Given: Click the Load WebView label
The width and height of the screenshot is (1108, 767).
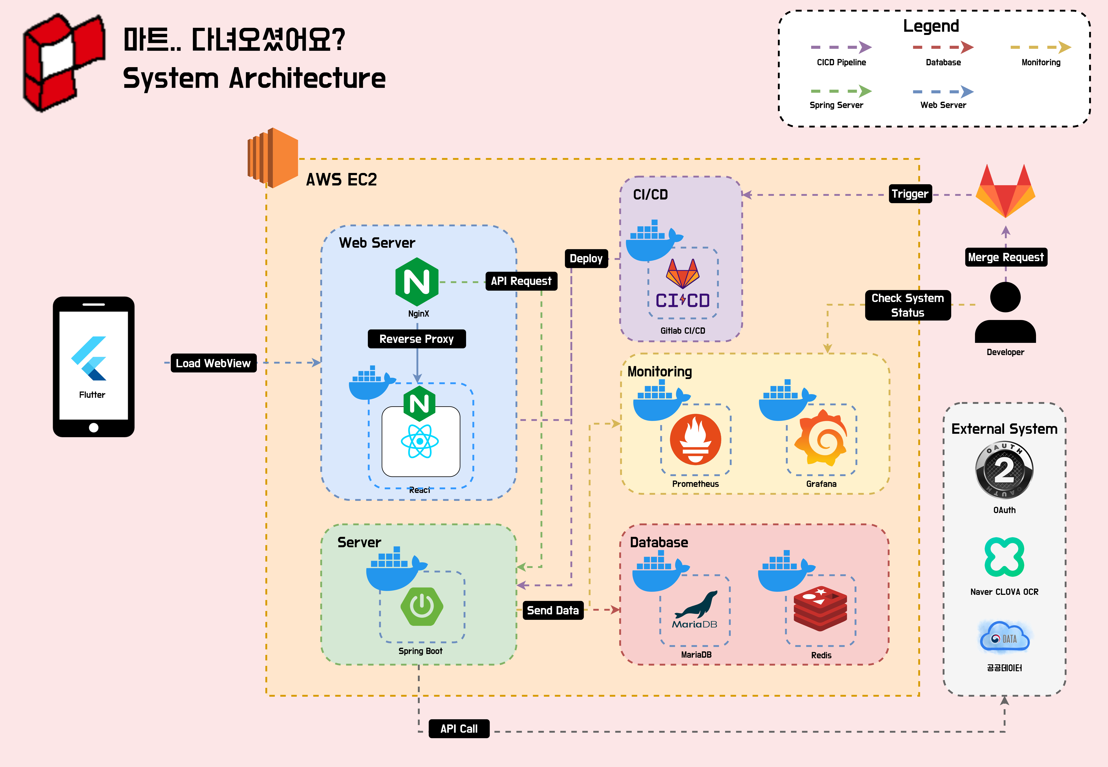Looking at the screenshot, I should tap(213, 363).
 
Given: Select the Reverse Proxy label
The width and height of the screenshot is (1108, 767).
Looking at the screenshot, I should tap(417, 339).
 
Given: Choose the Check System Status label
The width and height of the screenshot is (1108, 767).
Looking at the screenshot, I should tap(908, 305).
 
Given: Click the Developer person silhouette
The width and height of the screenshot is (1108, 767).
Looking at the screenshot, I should tap(1005, 312).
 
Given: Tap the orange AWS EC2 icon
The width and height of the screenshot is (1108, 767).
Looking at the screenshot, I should tap(273, 158).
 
